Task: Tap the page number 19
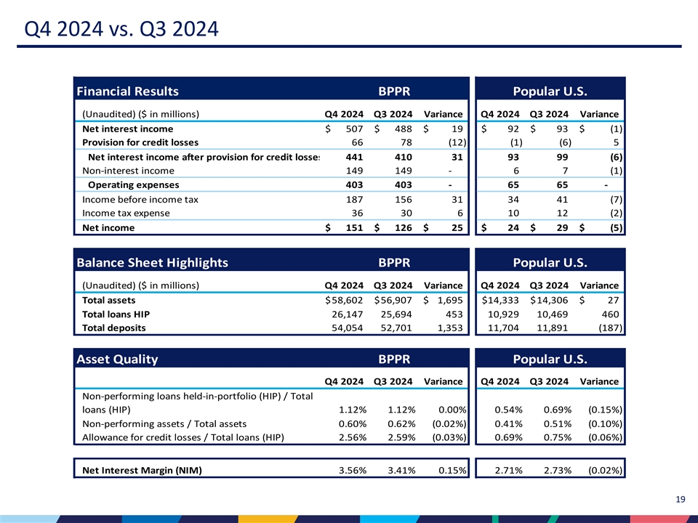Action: [x=681, y=499]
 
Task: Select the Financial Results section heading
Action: [x=127, y=91]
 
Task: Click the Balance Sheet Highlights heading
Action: [x=152, y=262]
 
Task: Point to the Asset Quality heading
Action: [x=117, y=359]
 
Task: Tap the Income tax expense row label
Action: [x=126, y=213]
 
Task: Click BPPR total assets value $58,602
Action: [x=346, y=300]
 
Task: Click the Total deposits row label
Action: [x=114, y=328]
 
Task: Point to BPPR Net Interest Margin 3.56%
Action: [x=353, y=469]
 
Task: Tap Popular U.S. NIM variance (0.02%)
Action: [x=604, y=469]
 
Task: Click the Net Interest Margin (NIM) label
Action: [x=142, y=469]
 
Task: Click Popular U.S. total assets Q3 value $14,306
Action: [x=550, y=300]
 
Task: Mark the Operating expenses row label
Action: [x=133, y=185]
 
